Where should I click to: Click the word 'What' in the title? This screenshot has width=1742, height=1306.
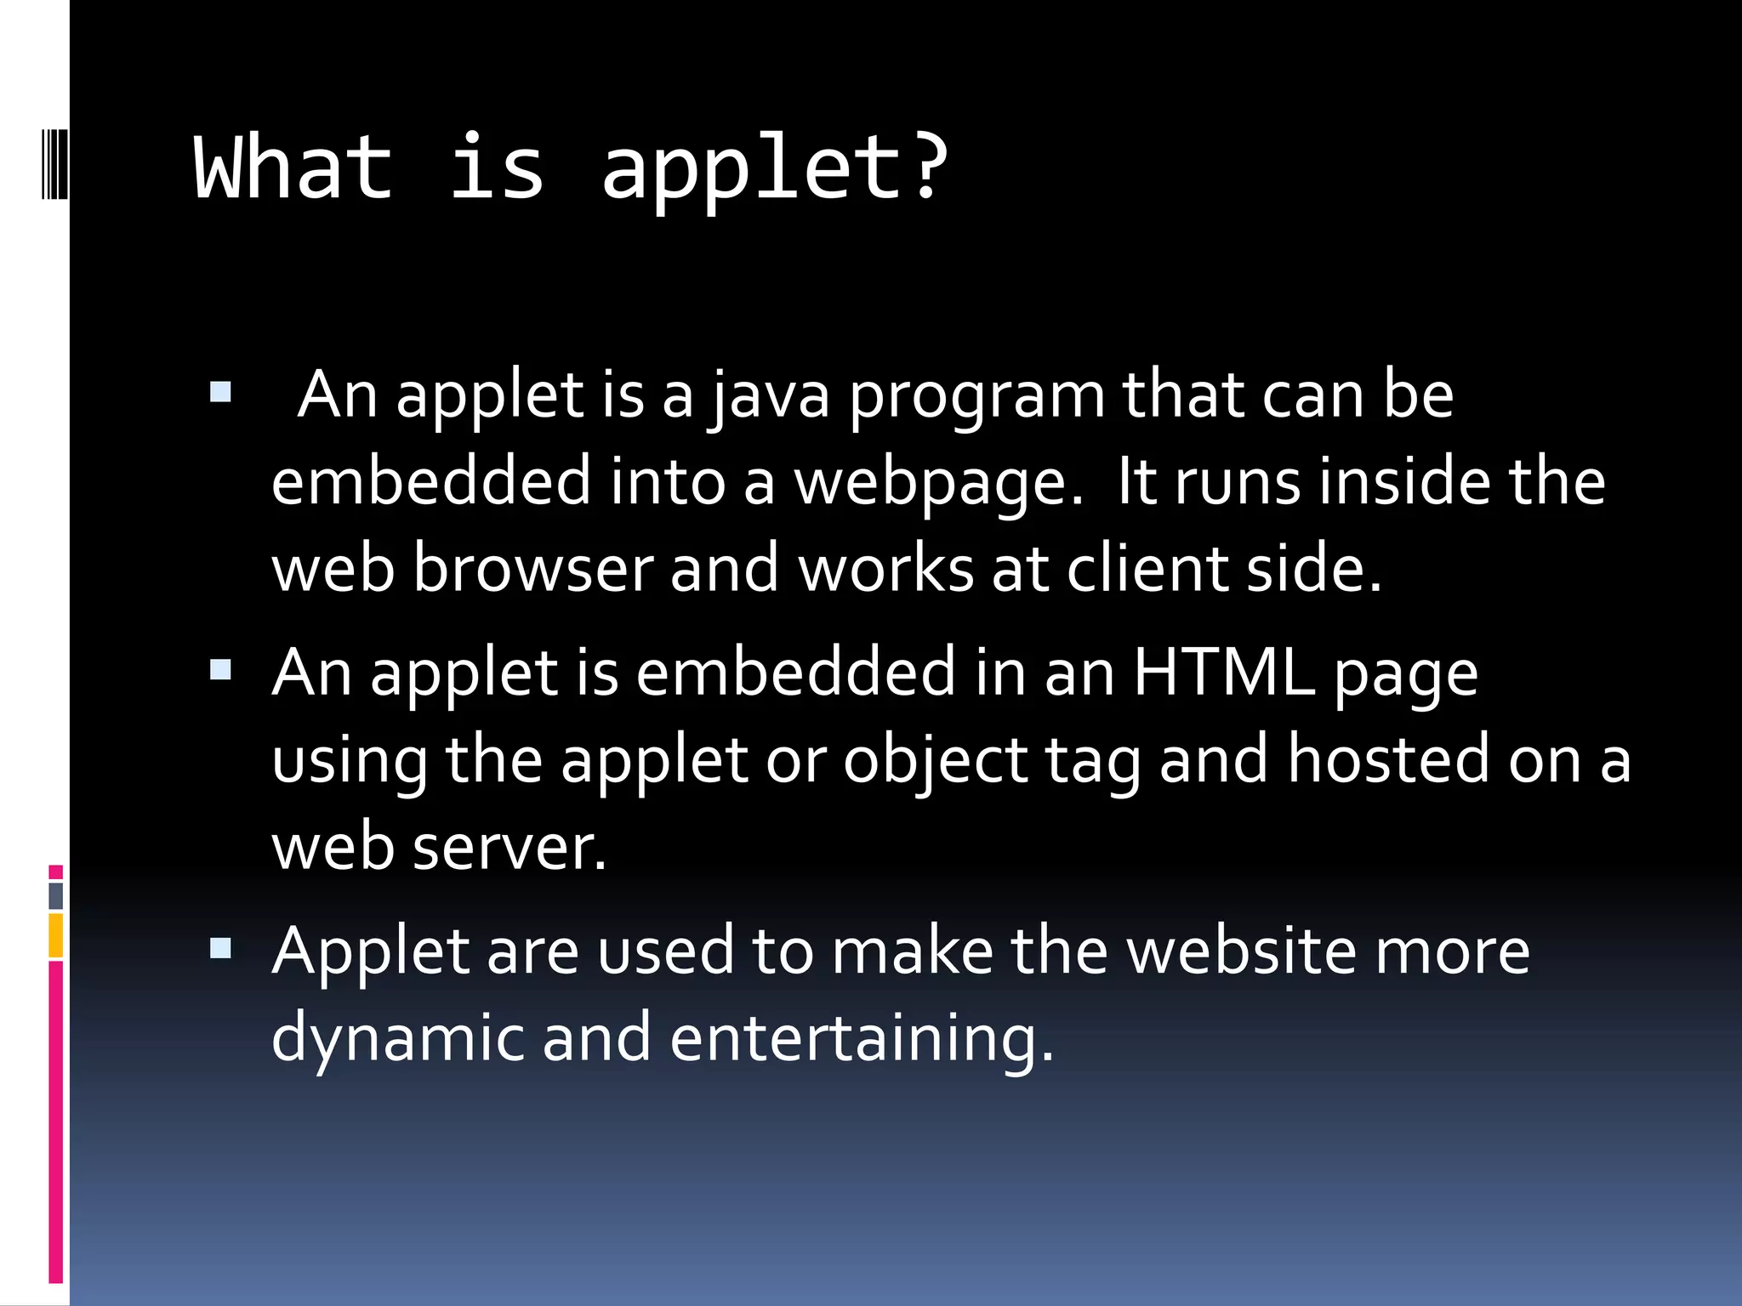[x=293, y=168]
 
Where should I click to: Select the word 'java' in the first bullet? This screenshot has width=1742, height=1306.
[x=769, y=396]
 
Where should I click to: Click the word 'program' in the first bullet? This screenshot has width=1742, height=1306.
[x=976, y=398]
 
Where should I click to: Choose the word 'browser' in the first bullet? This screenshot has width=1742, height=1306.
[x=533, y=569]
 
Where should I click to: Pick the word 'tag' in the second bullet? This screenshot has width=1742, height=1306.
[x=1092, y=762]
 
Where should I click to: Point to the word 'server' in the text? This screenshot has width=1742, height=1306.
[x=509, y=848]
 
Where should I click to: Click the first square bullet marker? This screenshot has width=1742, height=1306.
[x=220, y=392]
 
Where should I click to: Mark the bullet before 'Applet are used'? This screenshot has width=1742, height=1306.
[x=220, y=948]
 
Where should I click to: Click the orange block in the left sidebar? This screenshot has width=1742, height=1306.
[x=56, y=935]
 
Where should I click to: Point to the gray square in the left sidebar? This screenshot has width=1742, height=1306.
[x=56, y=895]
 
